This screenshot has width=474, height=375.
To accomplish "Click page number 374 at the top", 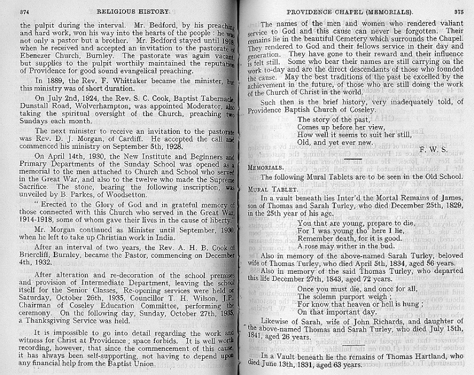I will click(x=25, y=11).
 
